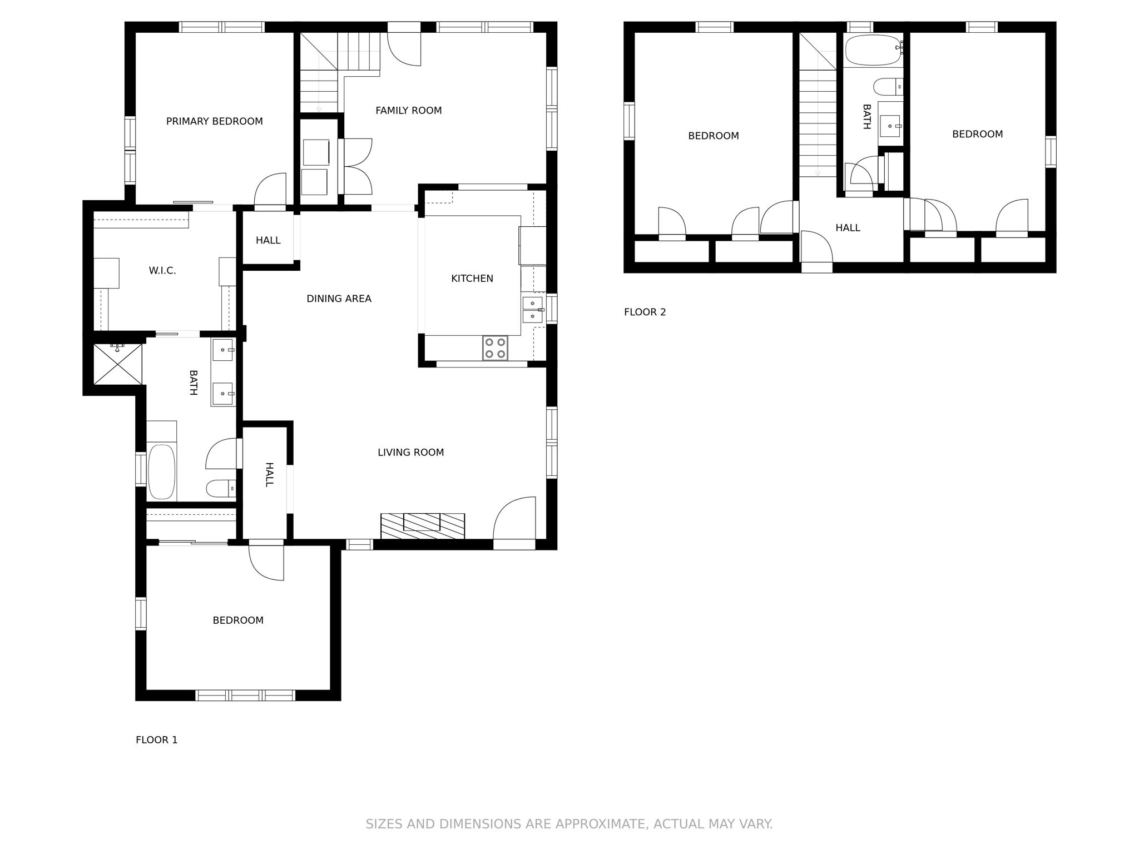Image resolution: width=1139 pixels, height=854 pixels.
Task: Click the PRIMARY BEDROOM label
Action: (x=214, y=121)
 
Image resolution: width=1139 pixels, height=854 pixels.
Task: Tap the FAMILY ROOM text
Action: (x=408, y=111)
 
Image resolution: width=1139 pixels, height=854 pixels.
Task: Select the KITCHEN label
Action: (x=472, y=279)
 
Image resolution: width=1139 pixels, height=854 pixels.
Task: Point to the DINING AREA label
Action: (x=339, y=299)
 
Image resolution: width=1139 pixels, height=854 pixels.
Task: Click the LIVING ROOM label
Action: (x=410, y=453)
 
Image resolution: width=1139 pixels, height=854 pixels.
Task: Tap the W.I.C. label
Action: (x=162, y=271)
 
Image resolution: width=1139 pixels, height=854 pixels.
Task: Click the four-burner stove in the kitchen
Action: (x=495, y=348)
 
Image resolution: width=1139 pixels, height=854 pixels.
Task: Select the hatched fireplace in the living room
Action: (x=422, y=526)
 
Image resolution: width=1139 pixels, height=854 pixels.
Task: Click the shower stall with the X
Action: (x=118, y=364)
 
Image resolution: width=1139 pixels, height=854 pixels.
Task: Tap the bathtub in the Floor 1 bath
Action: (x=161, y=472)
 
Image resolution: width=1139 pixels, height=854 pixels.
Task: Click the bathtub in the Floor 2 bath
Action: (x=872, y=50)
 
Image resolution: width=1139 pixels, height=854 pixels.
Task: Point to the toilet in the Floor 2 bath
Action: (x=888, y=87)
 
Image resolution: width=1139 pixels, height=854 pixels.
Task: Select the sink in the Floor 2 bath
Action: (x=889, y=126)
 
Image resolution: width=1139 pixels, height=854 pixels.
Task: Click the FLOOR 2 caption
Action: (x=645, y=312)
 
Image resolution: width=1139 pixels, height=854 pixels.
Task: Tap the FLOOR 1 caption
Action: (x=156, y=740)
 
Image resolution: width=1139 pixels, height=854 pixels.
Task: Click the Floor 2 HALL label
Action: (x=848, y=228)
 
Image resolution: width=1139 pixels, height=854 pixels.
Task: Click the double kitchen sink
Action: (x=532, y=310)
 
